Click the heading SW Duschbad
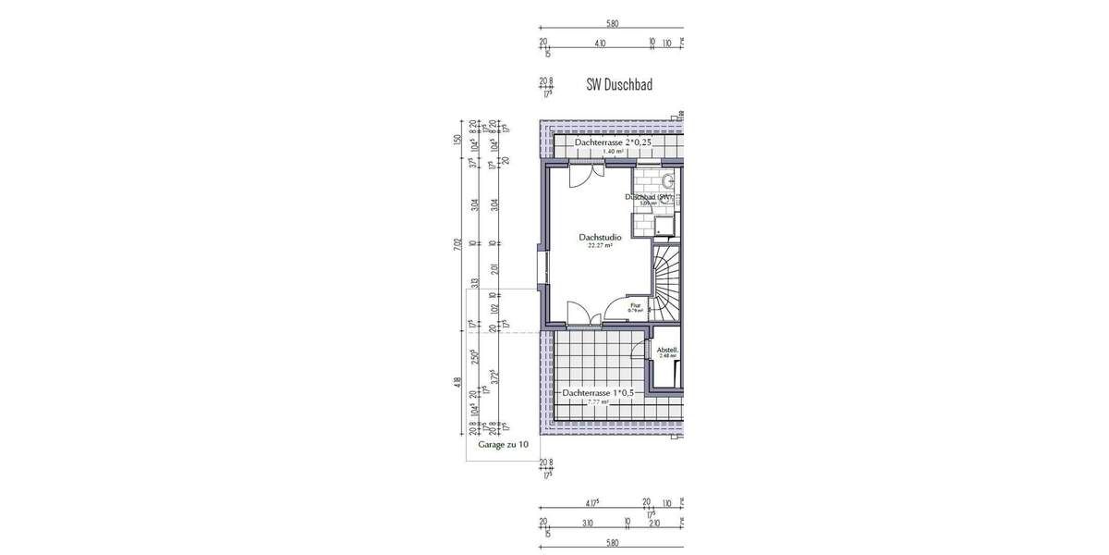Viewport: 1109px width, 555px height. tap(619, 85)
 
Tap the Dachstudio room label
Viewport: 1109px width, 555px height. tap(600, 237)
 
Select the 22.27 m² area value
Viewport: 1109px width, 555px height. tap(600, 247)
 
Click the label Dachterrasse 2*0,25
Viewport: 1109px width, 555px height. tap(613, 144)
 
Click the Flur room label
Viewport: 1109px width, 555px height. tap(635, 304)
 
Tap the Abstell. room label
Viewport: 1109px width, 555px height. tap(666, 351)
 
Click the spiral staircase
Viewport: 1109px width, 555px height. tap(667, 282)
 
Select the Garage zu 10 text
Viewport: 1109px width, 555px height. tap(504, 445)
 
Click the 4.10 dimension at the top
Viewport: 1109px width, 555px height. tap(600, 43)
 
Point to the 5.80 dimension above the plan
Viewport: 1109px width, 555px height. tap(611, 24)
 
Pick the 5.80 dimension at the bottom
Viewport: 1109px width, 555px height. tap(611, 543)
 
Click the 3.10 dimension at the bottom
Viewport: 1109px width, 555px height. tap(588, 524)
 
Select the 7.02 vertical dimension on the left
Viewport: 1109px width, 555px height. tap(457, 245)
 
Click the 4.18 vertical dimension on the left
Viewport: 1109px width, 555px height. tap(457, 381)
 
